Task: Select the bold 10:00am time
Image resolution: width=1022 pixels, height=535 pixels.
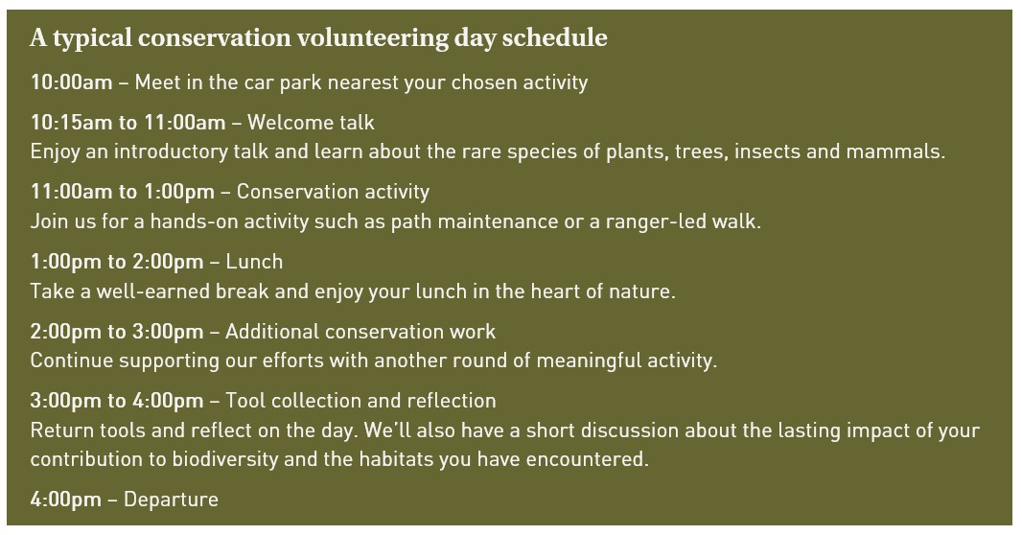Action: click(x=71, y=82)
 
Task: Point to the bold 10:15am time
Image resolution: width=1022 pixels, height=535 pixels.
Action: click(x=71, y=123)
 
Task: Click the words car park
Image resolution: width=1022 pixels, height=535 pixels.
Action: click(x=238, y=82)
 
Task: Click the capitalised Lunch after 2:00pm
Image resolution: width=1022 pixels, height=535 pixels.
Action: click(x=254, y=262)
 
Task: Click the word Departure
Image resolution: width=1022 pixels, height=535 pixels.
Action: click(x=171, y=500)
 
